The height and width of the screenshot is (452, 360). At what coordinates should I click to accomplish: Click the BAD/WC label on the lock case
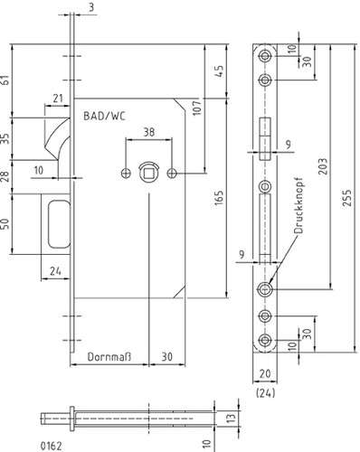[104, 116]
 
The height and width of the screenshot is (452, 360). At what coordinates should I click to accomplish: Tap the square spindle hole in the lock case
[149, 174]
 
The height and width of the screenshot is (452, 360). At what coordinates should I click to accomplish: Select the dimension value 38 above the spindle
[149, 132]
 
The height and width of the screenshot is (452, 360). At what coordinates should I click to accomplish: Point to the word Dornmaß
[109, 357]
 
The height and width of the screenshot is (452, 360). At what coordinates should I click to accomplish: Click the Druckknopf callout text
[298, 208]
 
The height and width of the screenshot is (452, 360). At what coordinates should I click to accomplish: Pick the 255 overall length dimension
[347, 198]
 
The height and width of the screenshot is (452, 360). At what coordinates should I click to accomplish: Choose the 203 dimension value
[323, 166]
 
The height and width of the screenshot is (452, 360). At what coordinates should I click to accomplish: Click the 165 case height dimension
[219, 198]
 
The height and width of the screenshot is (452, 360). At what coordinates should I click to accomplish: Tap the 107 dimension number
[196, 108]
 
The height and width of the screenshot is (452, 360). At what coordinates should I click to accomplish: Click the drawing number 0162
[51, 446]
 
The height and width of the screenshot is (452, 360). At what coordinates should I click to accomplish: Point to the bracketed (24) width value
[265, 393]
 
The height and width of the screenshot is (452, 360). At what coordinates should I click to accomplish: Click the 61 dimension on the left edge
[5, 80]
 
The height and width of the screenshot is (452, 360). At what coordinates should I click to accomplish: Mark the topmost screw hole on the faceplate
[265, 56]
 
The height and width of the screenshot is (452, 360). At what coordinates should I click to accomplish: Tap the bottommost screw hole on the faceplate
[265, 340]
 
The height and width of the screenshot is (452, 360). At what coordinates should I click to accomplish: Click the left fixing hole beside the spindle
[126, 174]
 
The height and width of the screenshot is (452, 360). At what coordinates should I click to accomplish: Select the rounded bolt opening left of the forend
[59, 224]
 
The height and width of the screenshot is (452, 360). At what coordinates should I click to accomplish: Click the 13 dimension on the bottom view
[231, 419]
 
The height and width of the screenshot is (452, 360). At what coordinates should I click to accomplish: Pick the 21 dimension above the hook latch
[57, 99]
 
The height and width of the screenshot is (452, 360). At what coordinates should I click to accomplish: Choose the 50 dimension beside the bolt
[5, 223]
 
